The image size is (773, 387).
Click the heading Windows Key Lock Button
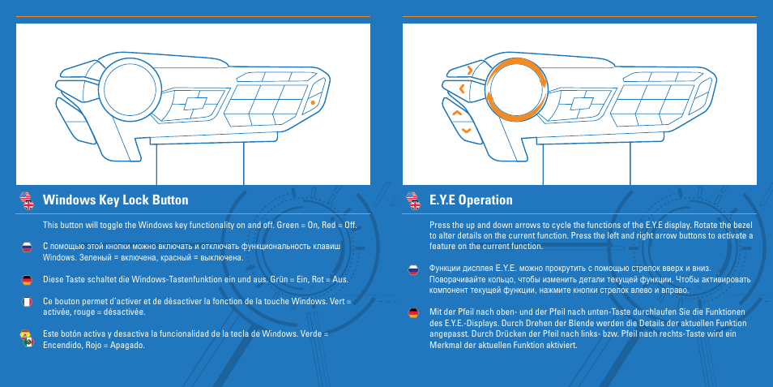[x=115, y=200]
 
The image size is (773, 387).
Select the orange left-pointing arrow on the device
[x=461, y=87]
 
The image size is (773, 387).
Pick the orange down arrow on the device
[x=465, y=130]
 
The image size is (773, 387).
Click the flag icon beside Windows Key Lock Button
[x=26, y=200]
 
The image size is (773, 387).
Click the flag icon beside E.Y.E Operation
[x=412, y=200]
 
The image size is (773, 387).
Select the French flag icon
[x=26, y=302]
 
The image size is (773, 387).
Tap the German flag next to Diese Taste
[x=26, y=279]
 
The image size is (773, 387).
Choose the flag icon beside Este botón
[x=26, y=338]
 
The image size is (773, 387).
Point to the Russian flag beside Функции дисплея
[x=412, y=268]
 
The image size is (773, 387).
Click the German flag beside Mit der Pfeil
[x=412, y=312]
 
